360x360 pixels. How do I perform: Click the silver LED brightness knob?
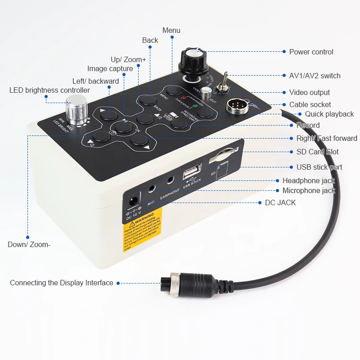76,110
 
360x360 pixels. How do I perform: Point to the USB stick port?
189,174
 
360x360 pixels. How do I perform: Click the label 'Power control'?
311,52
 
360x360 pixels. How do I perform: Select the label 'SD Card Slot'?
317,152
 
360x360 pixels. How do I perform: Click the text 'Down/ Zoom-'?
29,245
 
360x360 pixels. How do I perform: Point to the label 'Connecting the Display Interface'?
61,283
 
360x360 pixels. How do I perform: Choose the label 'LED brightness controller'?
49,90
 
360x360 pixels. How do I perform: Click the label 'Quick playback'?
329,114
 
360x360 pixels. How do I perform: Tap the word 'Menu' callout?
171,30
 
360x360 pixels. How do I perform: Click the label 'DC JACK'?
280,203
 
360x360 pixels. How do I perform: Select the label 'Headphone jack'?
309,181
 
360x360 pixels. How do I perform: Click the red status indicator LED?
183,97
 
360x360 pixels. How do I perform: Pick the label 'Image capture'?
110,69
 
